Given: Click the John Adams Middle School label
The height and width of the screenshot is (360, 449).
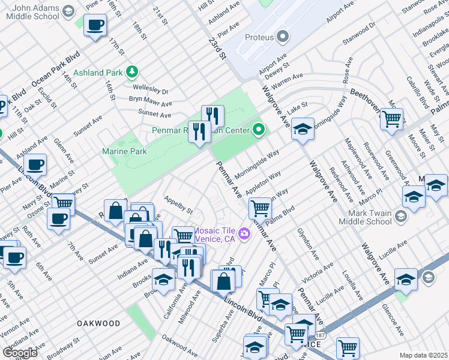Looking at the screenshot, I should point(37,13).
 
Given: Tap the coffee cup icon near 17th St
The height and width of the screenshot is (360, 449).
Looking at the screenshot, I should point(95,25).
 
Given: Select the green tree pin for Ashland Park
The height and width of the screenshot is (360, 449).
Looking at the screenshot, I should point(131,73).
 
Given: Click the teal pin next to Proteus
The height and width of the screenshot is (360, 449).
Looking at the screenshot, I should point(282,37).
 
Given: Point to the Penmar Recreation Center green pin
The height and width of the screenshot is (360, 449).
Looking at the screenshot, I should point(259,129).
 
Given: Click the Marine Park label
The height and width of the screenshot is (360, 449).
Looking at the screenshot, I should point(124,152).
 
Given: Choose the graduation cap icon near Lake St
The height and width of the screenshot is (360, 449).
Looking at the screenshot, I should point(303,128).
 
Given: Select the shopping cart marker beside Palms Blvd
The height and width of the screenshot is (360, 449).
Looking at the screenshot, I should point(260,208).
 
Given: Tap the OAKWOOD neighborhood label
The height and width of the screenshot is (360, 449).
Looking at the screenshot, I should point(98,323).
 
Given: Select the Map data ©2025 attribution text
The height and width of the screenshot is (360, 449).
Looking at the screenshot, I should point(423,355).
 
